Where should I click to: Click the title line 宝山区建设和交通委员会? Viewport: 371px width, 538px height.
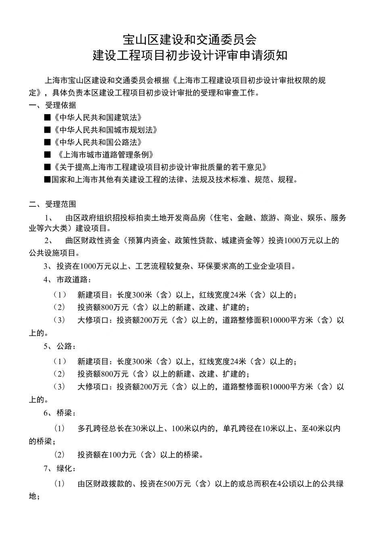tap(190, 40)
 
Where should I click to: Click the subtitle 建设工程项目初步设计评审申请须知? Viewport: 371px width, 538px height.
tap(190, 55)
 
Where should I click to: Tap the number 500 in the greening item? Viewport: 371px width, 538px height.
tap(170, 484)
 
